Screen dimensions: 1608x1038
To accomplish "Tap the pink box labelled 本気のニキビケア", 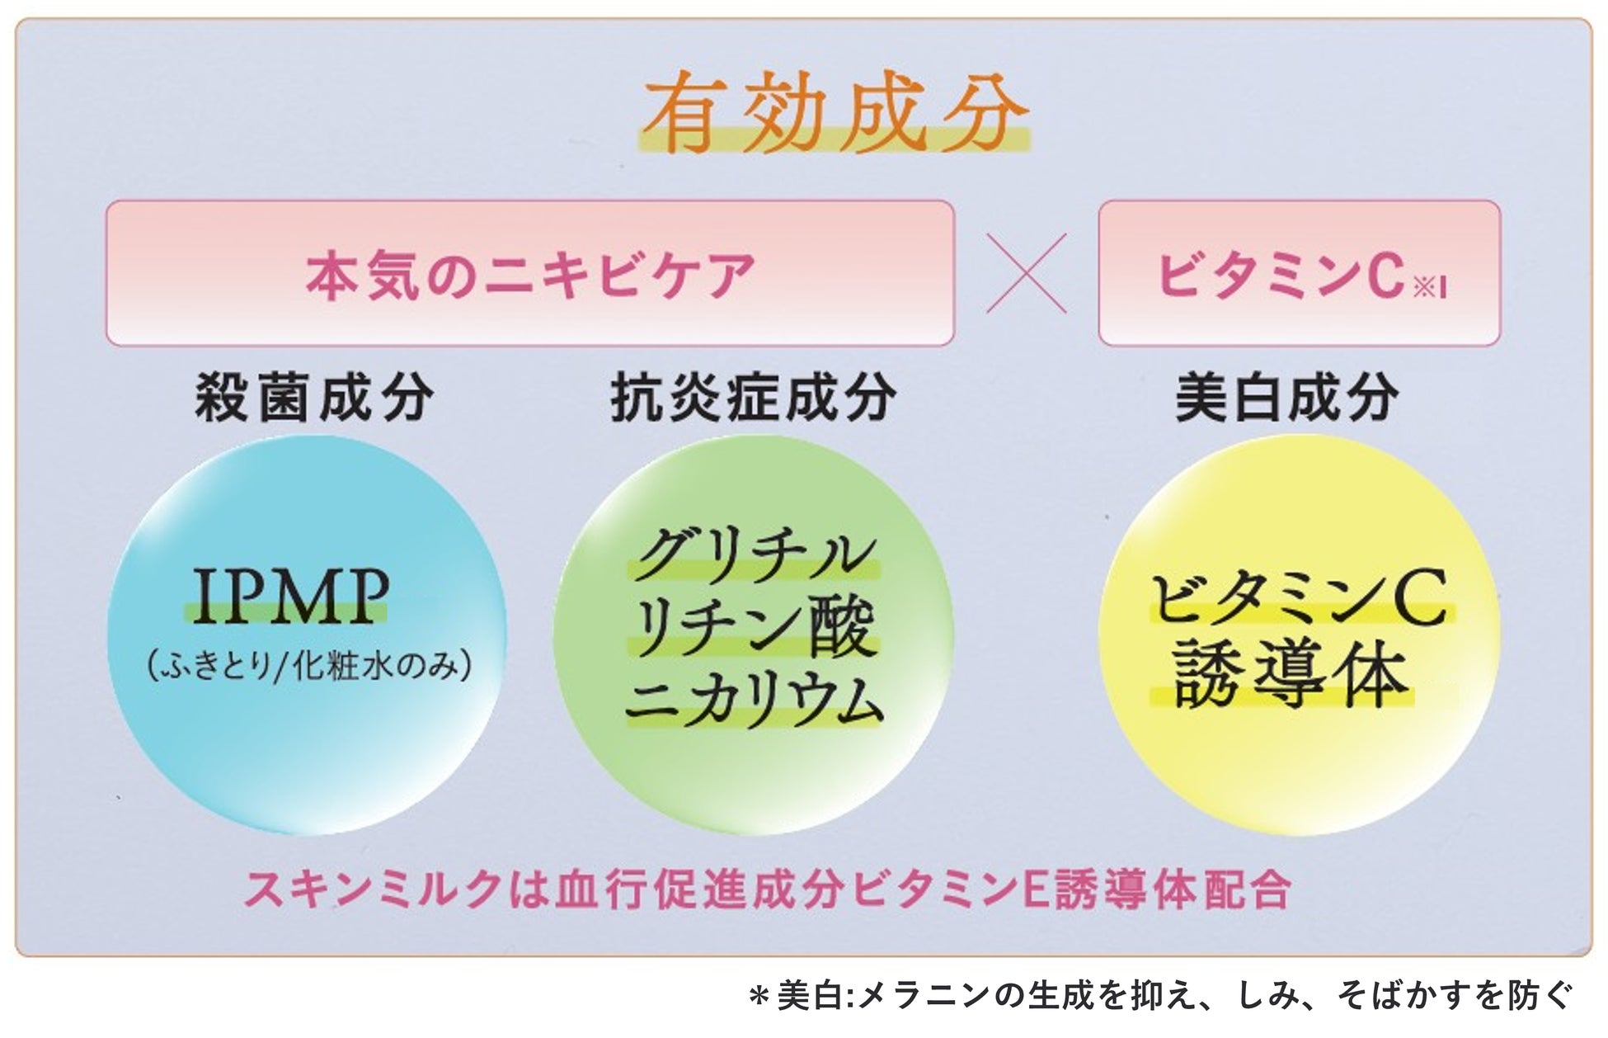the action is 529,273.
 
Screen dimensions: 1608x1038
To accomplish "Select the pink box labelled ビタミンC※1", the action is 1299,273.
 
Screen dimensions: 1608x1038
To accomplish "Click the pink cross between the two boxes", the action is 1027,273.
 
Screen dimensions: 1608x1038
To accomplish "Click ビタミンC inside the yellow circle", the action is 1299,600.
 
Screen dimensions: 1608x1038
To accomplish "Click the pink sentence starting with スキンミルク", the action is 767,889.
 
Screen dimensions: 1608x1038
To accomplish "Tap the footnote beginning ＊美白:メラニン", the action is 1161,997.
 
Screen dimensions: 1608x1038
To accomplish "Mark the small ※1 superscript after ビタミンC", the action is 1431,287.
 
